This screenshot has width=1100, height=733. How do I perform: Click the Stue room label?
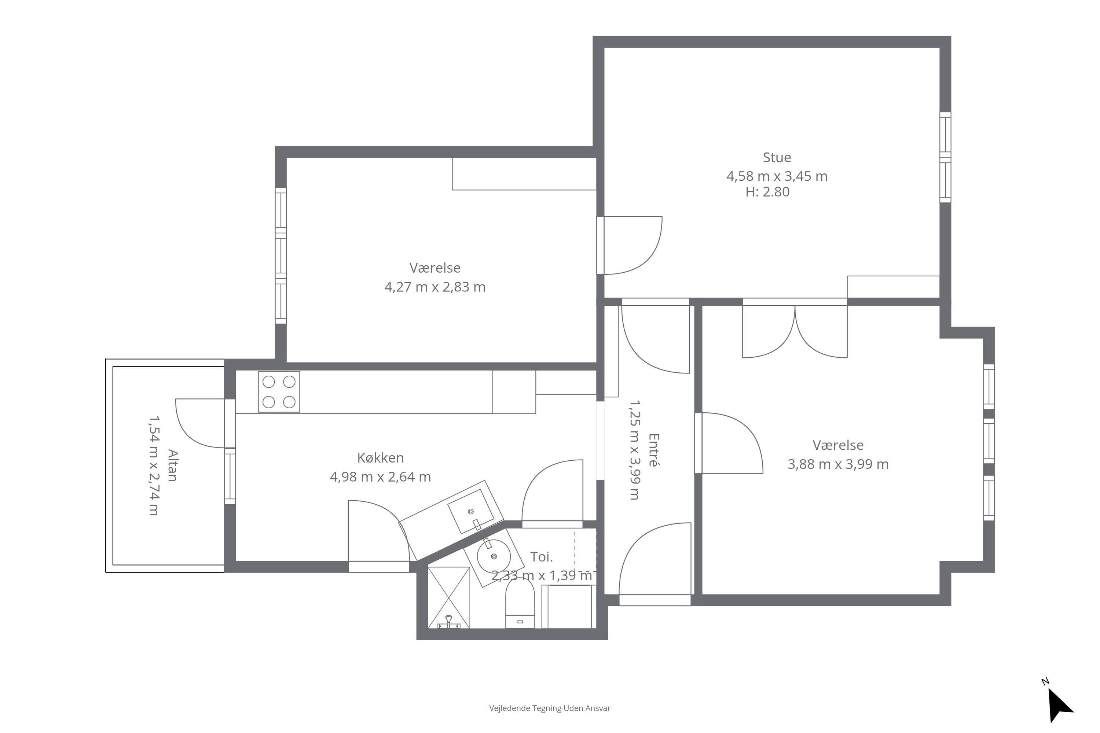click(777, 158)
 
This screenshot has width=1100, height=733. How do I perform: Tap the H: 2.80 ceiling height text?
click(767, 192)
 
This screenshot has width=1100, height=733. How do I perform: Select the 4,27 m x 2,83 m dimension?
click(435, 287)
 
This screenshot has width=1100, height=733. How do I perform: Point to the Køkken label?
click(380, 458)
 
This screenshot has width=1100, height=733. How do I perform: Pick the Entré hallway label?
click(653, 450)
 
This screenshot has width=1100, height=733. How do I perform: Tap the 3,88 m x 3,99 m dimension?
click(838, 464)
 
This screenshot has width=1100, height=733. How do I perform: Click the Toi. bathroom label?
click(542, 557)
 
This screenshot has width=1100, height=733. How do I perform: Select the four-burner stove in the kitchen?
click(279, 392)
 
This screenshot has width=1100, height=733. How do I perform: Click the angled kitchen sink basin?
click(471, 511)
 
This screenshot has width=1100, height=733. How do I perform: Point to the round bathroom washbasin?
click(494, 556)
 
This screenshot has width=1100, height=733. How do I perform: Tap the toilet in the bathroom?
click(520, 603)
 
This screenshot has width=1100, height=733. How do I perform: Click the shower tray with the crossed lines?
click(448, 597)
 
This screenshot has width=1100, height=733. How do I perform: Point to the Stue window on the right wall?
click(945, 157)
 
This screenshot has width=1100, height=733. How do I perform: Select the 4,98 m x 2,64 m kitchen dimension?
click(380, 477)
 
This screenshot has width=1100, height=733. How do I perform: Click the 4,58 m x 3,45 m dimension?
click(777, 176)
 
